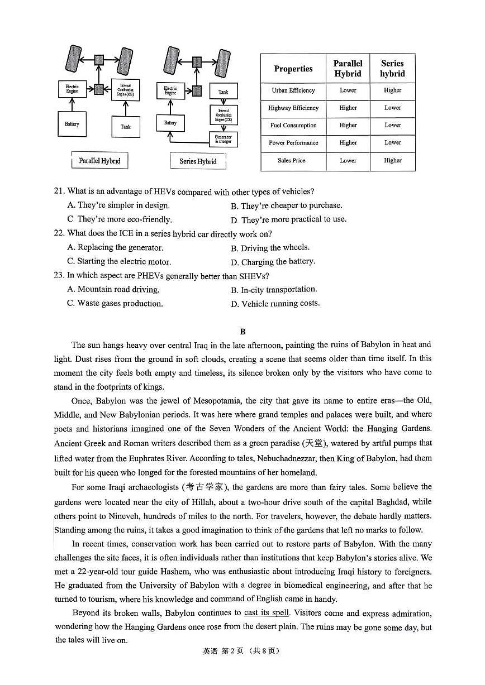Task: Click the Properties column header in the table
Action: [293, 69]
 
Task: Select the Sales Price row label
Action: [291, 161]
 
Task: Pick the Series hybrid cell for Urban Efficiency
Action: [392, 90]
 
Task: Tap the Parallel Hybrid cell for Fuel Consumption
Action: [348, 126]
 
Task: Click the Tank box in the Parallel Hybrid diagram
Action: [125, 127]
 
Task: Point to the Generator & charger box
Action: [223, 139]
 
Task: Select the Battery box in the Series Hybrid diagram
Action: [170, 123]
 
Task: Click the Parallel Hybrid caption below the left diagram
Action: [99, 161]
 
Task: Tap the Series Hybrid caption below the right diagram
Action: [198, 161]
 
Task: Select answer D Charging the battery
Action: [273, 261]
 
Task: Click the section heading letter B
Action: [242, 332]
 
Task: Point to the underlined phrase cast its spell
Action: [267, 613]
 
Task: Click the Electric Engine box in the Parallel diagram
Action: [72, 89]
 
